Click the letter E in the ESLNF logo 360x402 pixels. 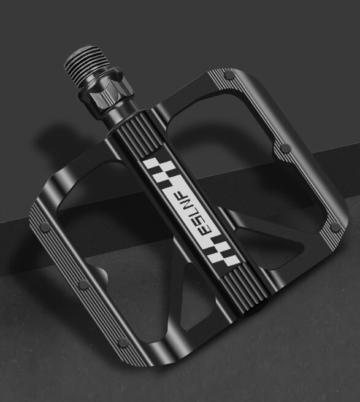[207, 230]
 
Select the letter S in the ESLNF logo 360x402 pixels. [199, 218]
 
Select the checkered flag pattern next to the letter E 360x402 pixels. [223, 252]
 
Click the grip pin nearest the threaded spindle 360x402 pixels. [229, 75]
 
